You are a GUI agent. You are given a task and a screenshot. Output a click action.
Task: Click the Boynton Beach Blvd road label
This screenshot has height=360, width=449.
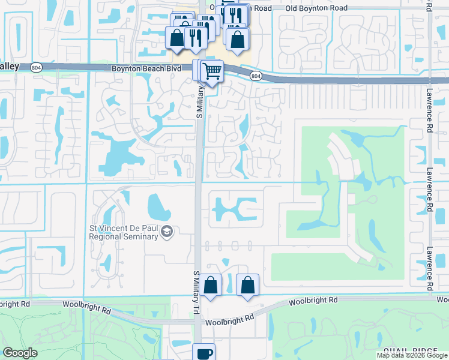(x=146, y=69)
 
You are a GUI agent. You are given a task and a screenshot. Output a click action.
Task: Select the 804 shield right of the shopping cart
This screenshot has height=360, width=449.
(x=256, y=76)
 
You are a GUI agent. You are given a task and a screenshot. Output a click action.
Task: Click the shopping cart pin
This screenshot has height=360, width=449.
(x=212, y=71)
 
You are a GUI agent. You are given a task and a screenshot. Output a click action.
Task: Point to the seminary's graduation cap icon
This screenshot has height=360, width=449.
(x=167, y=232)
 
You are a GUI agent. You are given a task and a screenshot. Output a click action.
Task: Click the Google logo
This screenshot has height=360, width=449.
(x=20, y=353)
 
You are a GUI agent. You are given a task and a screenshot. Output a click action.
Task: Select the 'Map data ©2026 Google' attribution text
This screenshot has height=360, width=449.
(x=411, y=355)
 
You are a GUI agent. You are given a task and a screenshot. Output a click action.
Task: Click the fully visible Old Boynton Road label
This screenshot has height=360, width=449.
(x=316, y=8)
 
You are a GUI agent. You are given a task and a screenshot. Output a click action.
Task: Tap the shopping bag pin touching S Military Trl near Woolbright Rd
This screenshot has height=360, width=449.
(x=211, y=285)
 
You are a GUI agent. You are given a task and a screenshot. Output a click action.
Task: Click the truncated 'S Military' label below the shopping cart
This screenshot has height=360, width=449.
(x=201, y=100)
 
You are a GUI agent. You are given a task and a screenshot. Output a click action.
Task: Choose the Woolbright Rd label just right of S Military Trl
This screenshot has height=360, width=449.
(x=228, y=319)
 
